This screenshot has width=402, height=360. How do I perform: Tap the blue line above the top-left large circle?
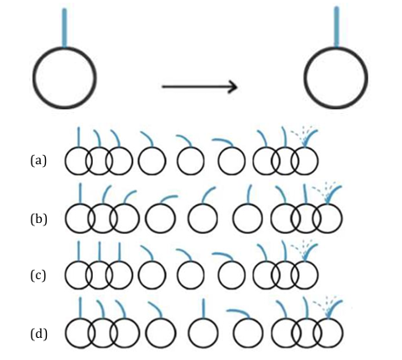(65, 28)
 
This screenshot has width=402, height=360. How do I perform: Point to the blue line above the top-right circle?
(337, 28)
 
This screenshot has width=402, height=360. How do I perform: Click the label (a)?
(38, 160)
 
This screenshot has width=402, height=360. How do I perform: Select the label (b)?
(38, 218)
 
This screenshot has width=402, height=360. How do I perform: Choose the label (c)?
(38, 276)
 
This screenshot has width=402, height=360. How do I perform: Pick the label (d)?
(38, 334)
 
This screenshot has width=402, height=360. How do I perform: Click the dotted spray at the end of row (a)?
(302, 132)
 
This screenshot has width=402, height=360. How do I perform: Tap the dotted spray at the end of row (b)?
(326, 188)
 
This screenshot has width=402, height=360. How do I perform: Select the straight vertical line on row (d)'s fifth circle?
(203, 309)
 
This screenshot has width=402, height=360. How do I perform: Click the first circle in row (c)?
(78, 276)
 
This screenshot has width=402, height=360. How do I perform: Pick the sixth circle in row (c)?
(232, 276)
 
